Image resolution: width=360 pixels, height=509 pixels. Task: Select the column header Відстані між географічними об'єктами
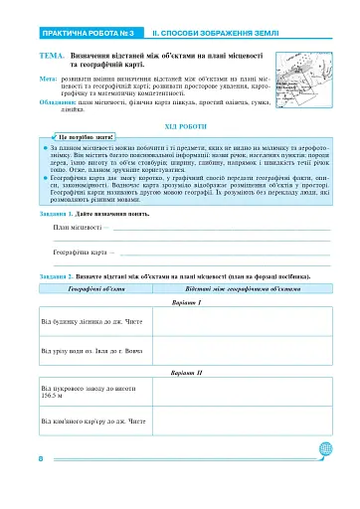pyautogui.click(x=235, y=286)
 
